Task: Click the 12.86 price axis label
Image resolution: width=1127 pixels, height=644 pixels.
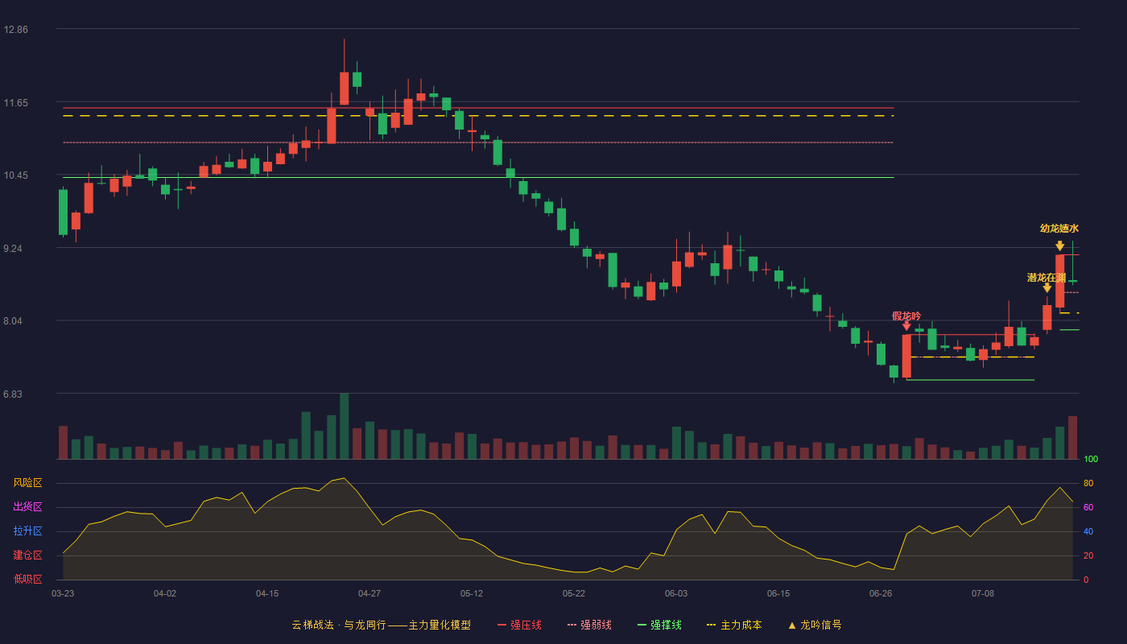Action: point(15,30)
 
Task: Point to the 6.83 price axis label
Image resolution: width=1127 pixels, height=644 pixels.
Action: point(13,394)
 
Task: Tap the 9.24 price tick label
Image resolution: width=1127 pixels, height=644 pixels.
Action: point(13,249)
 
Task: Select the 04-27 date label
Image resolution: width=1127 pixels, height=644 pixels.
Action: point(369,594)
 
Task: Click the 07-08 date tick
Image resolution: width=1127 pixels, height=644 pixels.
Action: point(983,594)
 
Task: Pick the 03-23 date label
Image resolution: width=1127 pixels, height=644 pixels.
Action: point(63,594)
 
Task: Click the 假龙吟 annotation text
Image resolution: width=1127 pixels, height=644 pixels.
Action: point(906,316)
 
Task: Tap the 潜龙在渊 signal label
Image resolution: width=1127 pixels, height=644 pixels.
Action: point(1046,278)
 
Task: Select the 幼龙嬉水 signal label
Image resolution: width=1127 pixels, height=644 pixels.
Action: point(1059,229)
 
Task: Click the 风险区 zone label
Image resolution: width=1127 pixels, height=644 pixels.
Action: point(27,483)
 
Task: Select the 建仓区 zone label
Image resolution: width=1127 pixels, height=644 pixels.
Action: point(27,555)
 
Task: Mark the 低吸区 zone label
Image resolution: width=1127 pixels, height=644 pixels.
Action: point(27,579)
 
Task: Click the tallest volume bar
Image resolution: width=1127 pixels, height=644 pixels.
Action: point(345,426)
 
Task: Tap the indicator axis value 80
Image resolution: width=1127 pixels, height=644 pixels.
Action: point(1088,483)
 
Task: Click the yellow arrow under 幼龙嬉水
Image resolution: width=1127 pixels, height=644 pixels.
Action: point(1059,246)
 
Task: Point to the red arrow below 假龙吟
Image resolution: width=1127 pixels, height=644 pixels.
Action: point(906,326)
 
